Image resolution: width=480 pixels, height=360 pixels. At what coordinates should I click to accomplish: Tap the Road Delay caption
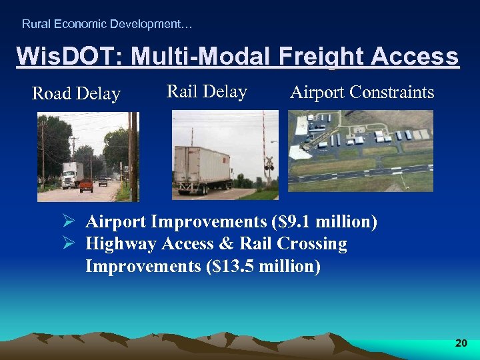(x=76, y=94)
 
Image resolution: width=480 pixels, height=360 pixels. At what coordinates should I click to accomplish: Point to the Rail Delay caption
(x=207, y=91)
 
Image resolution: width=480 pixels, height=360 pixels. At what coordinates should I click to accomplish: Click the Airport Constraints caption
(x=362, y=92)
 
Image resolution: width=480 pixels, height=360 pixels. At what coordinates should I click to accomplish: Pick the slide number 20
(x=461, y=343)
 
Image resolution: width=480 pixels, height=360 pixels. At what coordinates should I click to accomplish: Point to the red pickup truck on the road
(x=86, y=185)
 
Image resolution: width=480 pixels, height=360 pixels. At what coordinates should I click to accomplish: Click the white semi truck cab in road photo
(x=70, y=175)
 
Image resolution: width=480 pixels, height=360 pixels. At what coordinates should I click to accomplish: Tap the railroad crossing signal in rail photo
(x=269, y=163)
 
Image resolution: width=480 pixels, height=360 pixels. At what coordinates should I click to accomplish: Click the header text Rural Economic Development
(x=107, y=24)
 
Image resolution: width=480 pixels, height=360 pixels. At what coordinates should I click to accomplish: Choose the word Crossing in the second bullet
(x=314, y=244)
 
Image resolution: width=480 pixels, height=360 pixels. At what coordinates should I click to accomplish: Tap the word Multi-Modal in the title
(x=200, y=57)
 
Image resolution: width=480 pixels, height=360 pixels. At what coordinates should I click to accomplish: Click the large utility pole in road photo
(x=133, y=156)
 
